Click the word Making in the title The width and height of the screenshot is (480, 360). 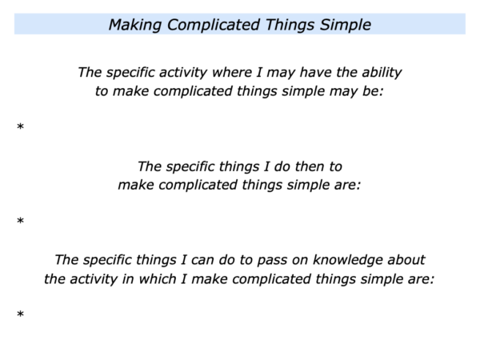click(135, 25)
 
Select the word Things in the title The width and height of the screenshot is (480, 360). click(290, 25)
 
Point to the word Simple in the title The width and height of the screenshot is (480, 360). click(346, 25)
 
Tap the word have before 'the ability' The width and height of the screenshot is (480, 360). click(315, 73)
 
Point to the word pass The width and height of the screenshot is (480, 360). click(271, 260)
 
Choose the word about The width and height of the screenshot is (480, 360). click(406, 260)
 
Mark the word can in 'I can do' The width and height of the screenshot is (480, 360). click(202, 261)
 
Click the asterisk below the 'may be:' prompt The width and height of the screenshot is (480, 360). click(21, 126)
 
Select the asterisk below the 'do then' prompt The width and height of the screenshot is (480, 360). click(21, 221)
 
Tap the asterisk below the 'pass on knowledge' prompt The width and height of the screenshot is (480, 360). click(21, 314)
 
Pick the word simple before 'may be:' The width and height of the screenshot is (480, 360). click(303, 92)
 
